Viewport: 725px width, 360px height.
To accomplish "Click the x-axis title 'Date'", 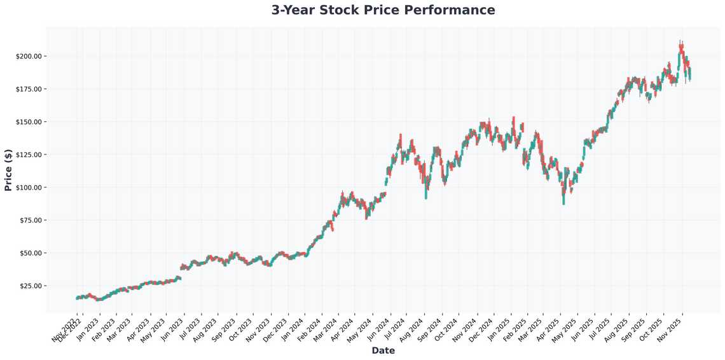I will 383,350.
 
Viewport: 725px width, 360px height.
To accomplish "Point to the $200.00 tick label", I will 28,56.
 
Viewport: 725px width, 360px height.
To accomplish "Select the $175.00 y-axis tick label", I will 28,89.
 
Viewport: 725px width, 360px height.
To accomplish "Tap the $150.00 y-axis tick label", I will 28,121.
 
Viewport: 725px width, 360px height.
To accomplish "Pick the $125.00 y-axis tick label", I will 28,155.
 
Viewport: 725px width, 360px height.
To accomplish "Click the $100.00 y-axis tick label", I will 28,188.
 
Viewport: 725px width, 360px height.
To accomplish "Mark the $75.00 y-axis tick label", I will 30,220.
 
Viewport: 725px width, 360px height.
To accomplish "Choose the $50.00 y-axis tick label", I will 30,253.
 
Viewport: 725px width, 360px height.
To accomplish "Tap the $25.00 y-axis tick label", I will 30,286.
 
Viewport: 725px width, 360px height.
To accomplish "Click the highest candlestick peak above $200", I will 680,42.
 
